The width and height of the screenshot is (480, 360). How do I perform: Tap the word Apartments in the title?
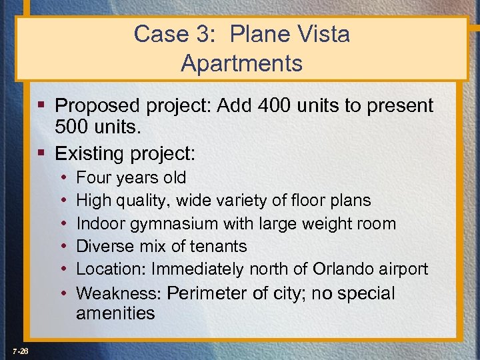(x=241, y=63)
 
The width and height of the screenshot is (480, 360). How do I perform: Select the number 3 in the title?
(x=198, y=34)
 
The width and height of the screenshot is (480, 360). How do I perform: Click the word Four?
(x=93, y=178)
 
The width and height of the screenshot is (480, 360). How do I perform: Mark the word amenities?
(x=115, y=313)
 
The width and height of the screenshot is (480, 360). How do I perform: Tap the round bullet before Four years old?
(x=62, y=178)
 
